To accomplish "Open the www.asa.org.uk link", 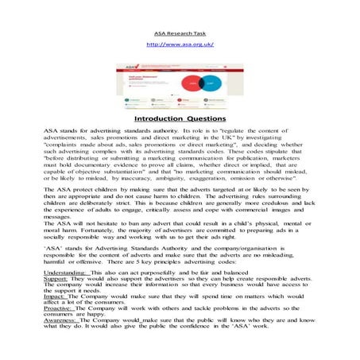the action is point(180,45).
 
